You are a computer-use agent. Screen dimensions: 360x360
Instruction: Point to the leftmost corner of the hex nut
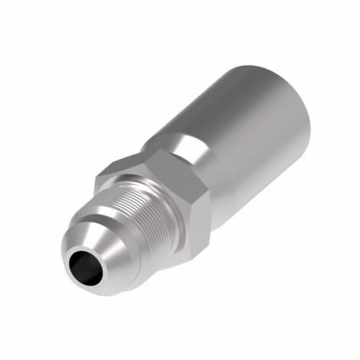pos(97,176)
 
